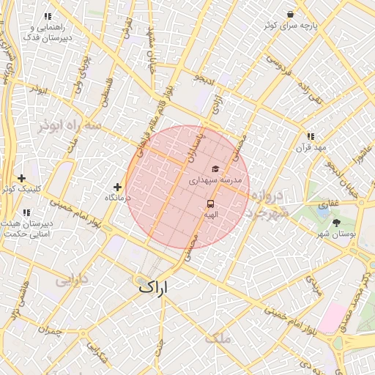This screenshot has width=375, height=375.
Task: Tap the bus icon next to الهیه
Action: (211, 204)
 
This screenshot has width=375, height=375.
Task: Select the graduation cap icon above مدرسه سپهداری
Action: (215, 169)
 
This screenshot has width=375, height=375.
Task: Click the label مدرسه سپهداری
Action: (215, 179)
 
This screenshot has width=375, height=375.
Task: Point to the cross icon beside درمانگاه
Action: (117, 187)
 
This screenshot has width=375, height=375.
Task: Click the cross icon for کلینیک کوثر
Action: (22, 178)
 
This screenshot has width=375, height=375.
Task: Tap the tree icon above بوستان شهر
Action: (337, 223)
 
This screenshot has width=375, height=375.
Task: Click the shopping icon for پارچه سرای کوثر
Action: (291, 14)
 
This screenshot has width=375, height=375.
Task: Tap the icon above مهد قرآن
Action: (311, 136)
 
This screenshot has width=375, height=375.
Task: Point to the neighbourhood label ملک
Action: (218, 338)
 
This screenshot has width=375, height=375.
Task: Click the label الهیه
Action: (211, 215)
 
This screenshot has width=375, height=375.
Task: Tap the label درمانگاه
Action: (117, 198)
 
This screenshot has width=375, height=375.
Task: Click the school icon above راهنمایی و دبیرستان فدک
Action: (48, 16)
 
